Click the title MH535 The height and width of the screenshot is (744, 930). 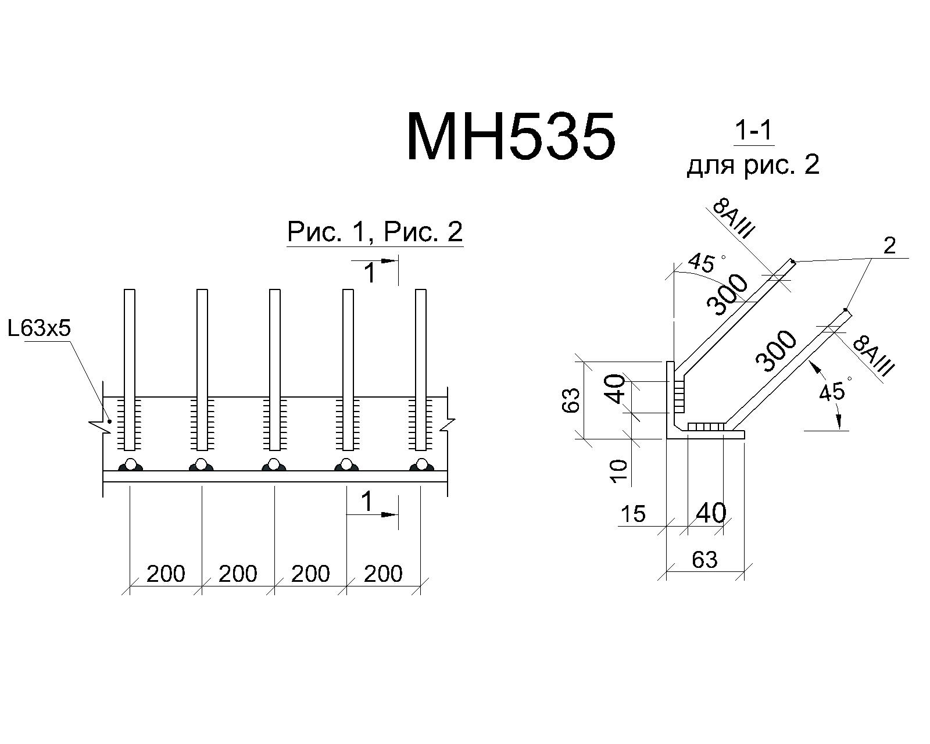coord(511,136)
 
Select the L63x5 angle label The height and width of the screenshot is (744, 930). coord(40,328)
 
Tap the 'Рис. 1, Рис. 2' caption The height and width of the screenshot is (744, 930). coord(375,232)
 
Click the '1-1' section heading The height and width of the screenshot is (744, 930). coord(754,131)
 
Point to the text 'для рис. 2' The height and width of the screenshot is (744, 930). coord(753,165)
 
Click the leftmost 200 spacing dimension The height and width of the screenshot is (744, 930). coord(166,574)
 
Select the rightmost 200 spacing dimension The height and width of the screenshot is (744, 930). coord(383,574)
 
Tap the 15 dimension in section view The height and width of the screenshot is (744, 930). coord(633,514)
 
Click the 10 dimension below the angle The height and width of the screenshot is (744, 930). coord(618,471)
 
